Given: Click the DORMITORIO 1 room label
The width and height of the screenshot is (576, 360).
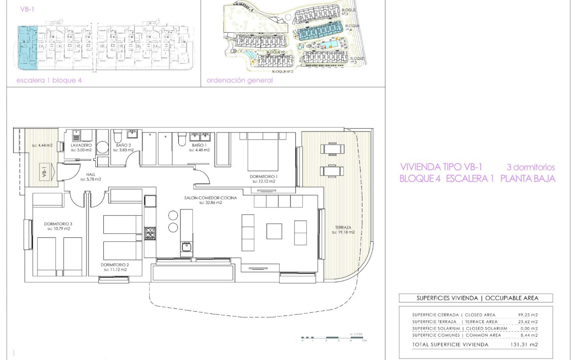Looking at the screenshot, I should coord(263,176).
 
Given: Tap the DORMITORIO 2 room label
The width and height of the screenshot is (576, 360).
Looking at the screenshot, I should coord(116,265).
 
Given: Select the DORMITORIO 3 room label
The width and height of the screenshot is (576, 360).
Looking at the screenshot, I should coord(58,224).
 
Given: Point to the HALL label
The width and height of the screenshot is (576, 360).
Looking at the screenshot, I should coord(91,174).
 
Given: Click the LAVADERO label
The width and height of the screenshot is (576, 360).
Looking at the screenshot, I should coord(81,145).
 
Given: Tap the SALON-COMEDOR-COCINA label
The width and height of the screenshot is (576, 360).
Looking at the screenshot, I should coord(210,198).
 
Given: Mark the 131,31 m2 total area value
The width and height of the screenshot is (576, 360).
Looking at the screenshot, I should coord(524,345).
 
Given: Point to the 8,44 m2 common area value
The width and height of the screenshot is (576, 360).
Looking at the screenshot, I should coord(529,335).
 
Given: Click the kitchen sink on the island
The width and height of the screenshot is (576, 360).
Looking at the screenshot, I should coord(186,246).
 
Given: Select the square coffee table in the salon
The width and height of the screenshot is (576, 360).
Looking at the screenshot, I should coord(274,231).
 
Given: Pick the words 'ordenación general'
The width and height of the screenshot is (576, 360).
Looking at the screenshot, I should coord(239,80).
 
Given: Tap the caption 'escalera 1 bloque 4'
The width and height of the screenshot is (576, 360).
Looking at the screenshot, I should coord(49,80).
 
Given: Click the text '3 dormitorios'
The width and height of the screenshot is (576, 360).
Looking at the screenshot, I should coord(531,167).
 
